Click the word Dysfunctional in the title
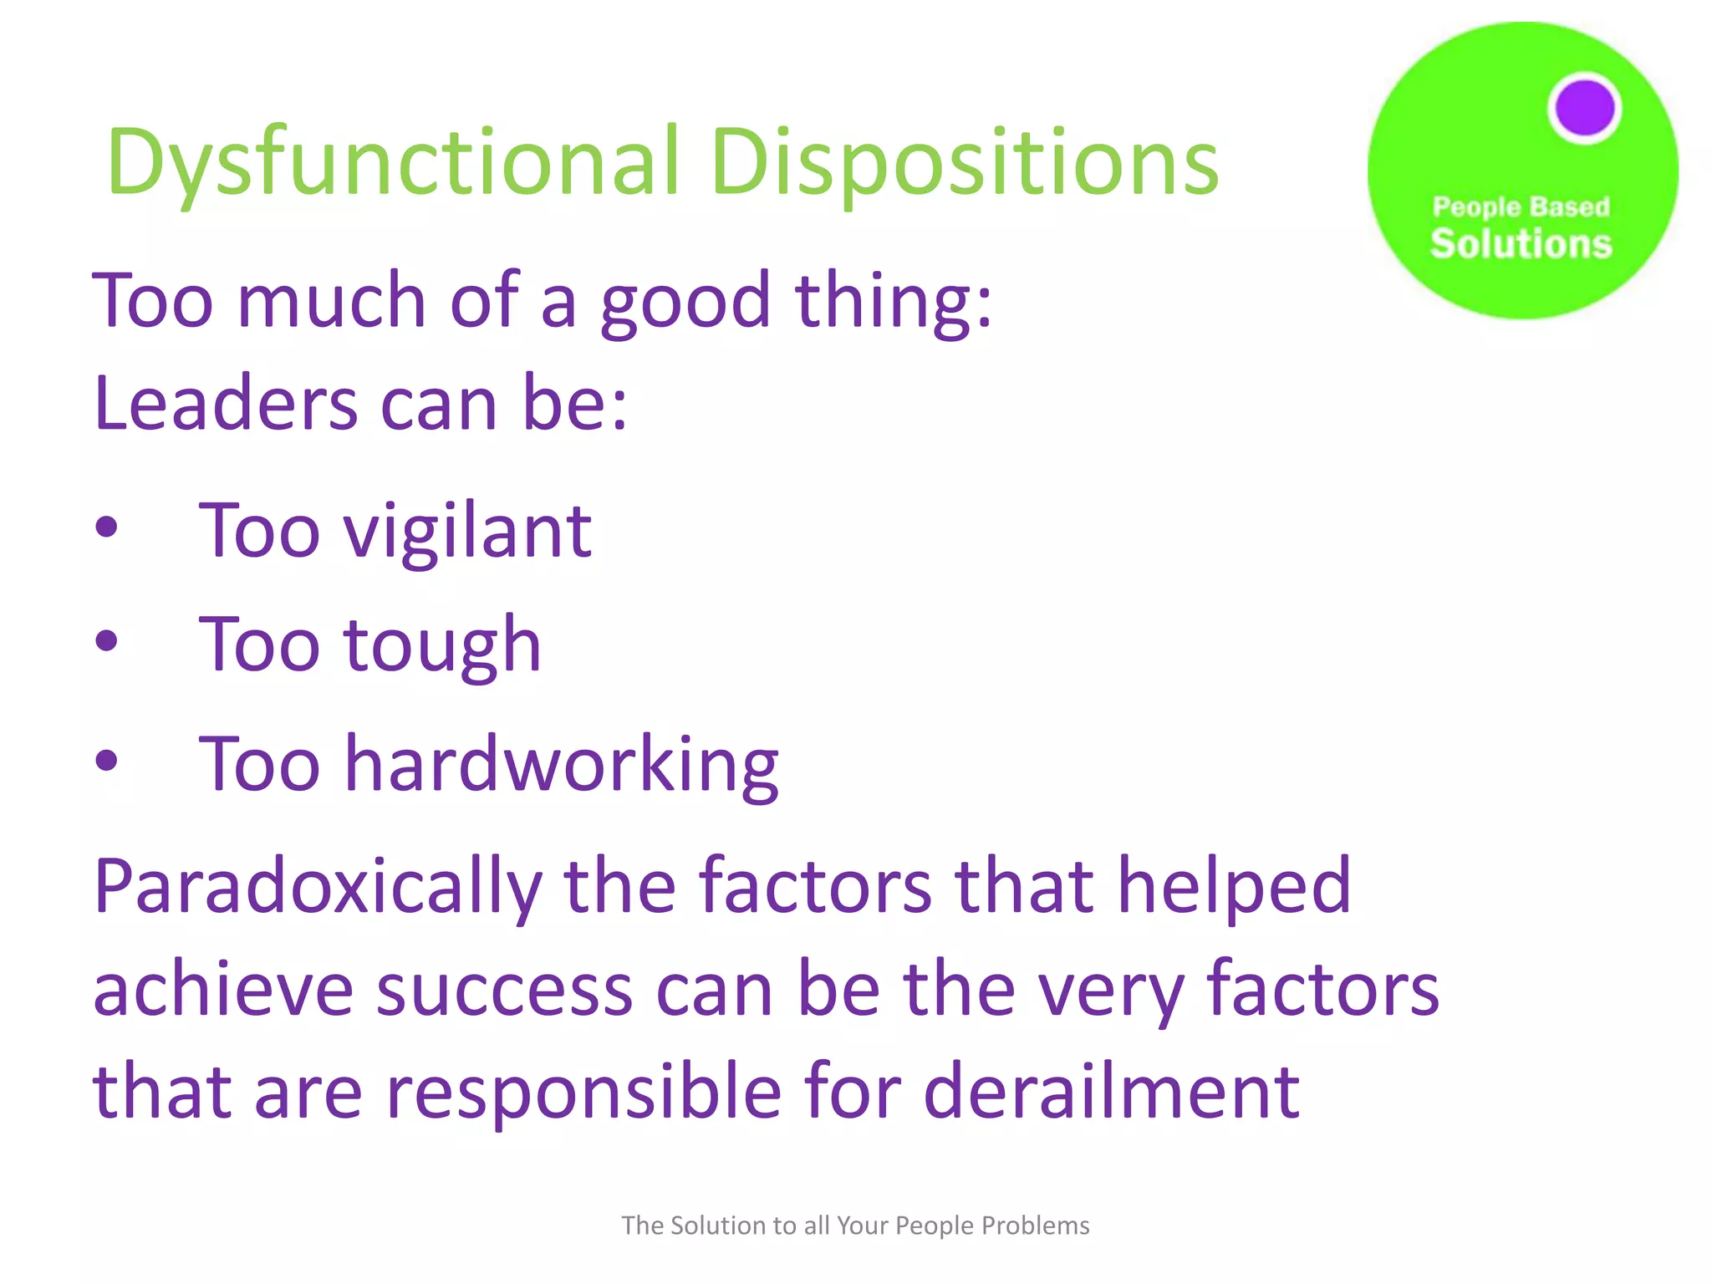coord(393,162)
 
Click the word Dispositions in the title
coord(965,162)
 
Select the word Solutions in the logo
coord(1521,244)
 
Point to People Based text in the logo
coord(1521,206)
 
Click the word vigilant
coord(468,532)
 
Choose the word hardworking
coord(562,764)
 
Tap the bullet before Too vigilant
coord(106,527)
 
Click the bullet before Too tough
coord(106,642)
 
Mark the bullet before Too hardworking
coord(106,761)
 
